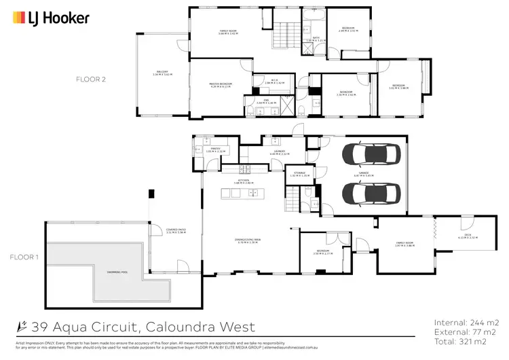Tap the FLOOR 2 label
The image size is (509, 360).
tap(91, 79)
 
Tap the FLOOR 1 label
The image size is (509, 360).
tap(24, 257)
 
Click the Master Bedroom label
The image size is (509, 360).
tap(221, 85)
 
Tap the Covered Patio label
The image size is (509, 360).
tap(176, 231)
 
